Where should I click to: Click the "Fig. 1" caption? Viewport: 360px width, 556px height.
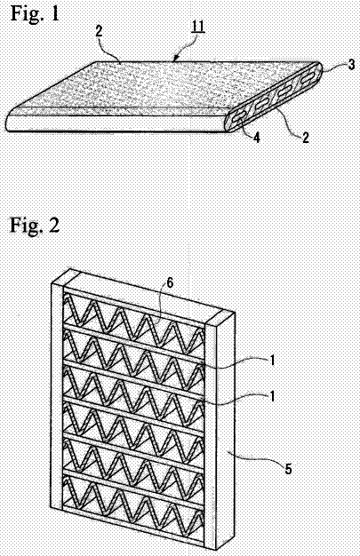(x=35, y=13)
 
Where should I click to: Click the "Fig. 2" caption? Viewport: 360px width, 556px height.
(x=35, y=225)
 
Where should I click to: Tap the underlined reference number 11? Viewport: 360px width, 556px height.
(x=198, y=27)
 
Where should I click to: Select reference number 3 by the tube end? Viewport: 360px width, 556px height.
(x=351, y=65)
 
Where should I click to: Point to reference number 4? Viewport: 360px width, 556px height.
(x=256, y=138)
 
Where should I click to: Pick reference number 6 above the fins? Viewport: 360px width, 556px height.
(x=170, y=282)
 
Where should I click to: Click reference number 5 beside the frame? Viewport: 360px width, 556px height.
(x=288, y=469)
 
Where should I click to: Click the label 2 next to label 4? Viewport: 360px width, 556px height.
(x=305, y=137)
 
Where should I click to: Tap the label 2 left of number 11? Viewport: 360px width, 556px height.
(x=99, y=31)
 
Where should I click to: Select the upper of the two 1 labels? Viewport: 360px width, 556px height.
(x=272, y=361)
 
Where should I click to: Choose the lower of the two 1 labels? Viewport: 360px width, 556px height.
(x=272, y=396)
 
